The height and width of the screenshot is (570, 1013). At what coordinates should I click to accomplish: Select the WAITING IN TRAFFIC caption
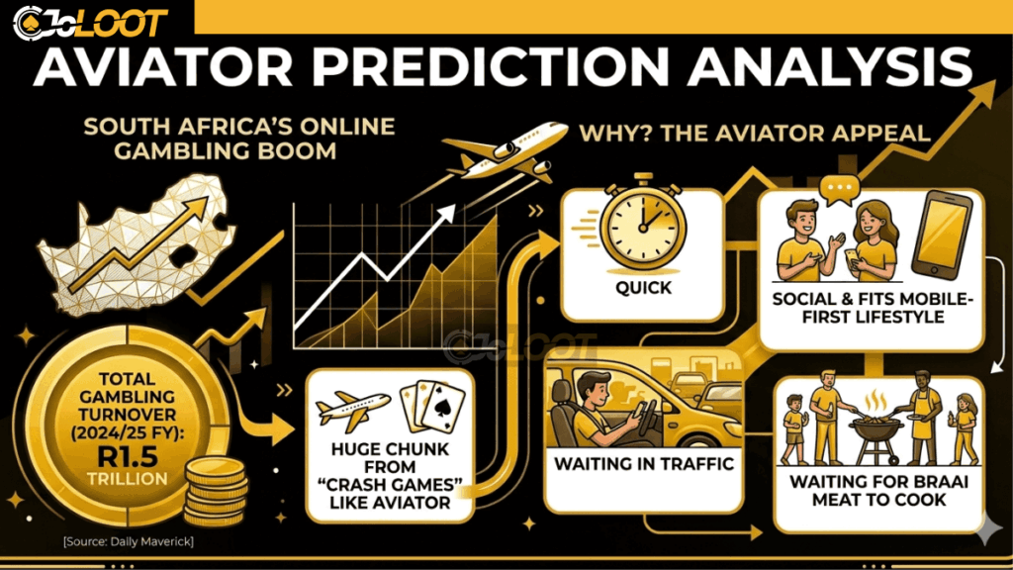pos(643,462)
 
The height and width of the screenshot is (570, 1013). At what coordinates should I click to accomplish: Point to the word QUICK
pos(643,288)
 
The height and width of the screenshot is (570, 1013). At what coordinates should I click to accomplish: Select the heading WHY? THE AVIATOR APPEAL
pos(754,132)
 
